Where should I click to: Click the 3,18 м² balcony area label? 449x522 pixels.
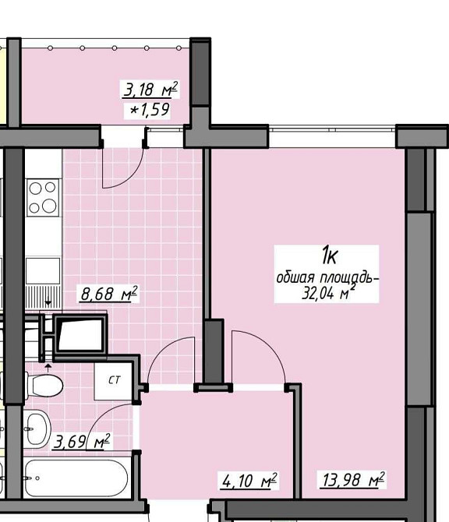click(150, 90)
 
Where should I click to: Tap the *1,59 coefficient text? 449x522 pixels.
click(150, 110)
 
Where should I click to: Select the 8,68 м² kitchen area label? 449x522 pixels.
click(108, 294)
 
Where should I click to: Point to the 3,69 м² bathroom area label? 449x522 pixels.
click(82, 442)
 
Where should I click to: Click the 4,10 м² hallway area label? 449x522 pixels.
click(249, 481)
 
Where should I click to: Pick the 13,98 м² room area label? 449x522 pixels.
click(353, 480)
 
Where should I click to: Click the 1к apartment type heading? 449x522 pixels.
click(330, 256)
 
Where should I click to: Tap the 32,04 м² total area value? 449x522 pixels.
click(327, 292)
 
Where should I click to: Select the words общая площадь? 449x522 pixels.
click(327, 277)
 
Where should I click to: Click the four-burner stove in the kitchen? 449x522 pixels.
click(43, 198)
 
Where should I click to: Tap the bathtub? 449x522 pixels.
click(76, 478)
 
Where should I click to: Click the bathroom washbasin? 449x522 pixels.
click(37, 429)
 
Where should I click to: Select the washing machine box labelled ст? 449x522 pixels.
click(113, 381)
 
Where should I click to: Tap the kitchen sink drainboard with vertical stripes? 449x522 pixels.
click(44, 297)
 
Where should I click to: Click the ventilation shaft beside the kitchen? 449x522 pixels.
click(80, 333)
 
